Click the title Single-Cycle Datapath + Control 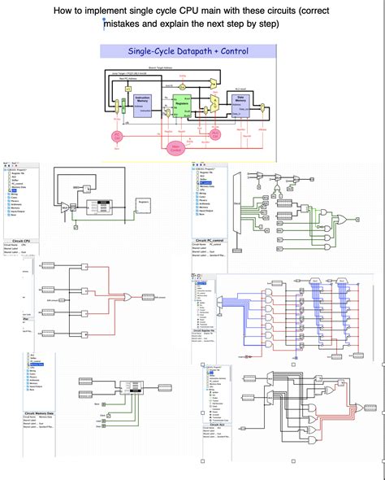pos(188,51)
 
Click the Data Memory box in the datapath pos(240,101)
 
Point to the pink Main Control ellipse pos(175,147)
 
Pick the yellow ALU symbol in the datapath pos(213,104)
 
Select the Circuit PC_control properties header pos(210,242)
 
